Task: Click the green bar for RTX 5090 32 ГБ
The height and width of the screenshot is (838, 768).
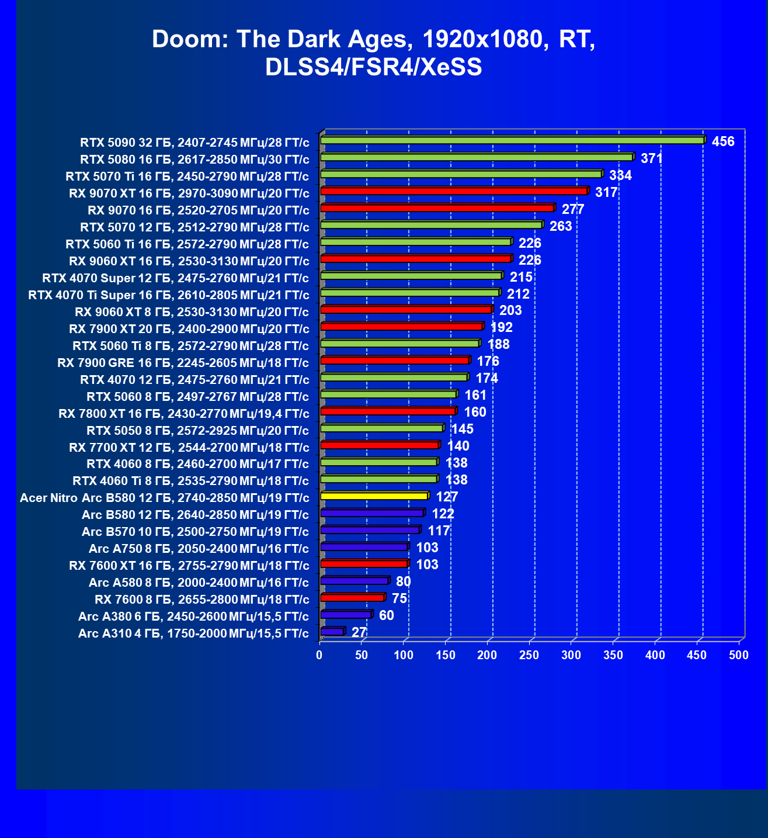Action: [x=512, y=140]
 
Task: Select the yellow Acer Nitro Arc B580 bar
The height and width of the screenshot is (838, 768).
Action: [x=374, y=496]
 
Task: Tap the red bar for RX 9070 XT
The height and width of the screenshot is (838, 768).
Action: [x=454, y=191]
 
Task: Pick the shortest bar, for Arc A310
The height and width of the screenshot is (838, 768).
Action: [x=332, y=632]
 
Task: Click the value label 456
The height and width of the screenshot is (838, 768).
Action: [x=723, y=141]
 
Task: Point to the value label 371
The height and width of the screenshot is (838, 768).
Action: [x=652, y=158]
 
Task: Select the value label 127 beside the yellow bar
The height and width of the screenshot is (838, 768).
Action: [x=447, y=497]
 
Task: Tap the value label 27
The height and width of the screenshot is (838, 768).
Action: [x=359, y=632]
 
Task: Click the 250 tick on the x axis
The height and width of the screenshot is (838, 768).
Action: [x=530, y=655]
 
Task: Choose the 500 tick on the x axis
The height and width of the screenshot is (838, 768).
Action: [x=739, y=655]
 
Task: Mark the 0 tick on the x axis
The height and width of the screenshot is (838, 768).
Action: [x=319, y=655]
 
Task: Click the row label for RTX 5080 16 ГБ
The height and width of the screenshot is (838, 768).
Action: [x=194, y=159]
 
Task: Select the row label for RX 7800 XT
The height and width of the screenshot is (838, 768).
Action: [x=184, y=414]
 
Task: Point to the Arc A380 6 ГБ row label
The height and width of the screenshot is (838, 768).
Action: [x=193, y=617]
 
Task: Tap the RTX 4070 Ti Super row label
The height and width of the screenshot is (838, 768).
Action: [x=169, y=295]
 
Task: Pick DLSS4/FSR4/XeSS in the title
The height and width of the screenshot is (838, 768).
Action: [x=374, y=67]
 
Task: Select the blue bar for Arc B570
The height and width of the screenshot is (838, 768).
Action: [x=370, y=530]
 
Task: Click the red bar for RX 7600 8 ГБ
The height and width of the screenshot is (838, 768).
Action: [x=352, y=598]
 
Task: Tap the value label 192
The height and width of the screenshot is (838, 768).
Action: [x=501, y=327]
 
